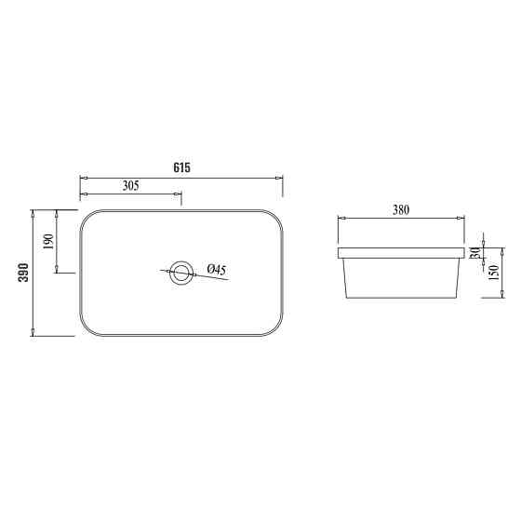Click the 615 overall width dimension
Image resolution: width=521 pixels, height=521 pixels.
181,167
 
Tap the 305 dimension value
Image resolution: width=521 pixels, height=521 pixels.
130,186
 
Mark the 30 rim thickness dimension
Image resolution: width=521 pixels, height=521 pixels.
475,252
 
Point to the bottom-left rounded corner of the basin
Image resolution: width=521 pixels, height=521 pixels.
88,327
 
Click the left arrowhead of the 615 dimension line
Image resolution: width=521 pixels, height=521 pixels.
83,177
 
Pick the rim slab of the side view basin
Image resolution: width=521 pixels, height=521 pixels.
401,252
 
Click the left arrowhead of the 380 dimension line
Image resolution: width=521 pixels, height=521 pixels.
341,220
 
